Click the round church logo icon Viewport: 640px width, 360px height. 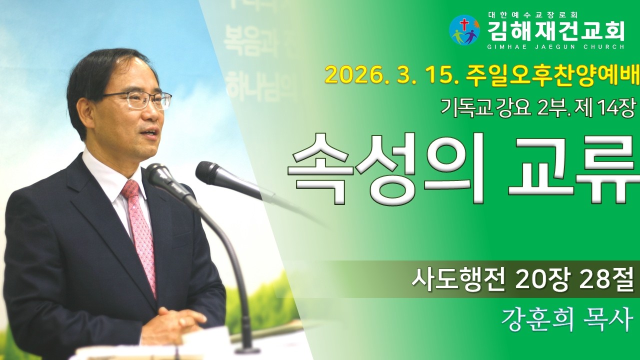coord(464,30)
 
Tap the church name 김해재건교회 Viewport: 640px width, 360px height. coord(555,31)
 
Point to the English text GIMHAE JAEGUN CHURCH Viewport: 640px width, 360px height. coord(555,47)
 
